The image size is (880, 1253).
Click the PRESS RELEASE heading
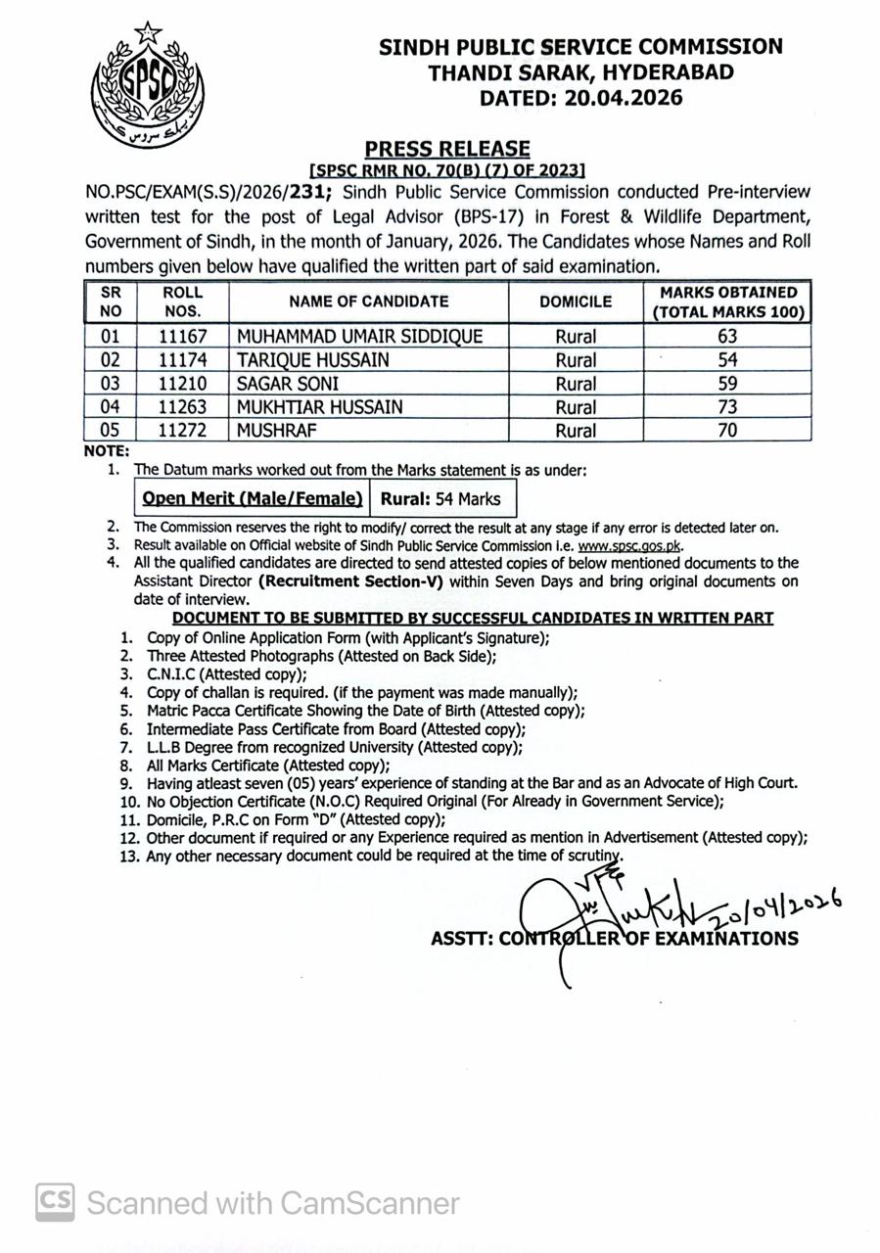pos(447,149)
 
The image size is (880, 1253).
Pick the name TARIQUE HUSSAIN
pos(312,359)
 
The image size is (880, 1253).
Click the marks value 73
pos(726,406)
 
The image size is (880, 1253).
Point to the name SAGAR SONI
pos(288,383)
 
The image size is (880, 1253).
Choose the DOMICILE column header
pos(575,302)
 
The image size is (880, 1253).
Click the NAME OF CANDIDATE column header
pos(368,302)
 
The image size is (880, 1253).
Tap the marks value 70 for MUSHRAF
pos(726,430)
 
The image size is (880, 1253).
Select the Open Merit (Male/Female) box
pos(253,498)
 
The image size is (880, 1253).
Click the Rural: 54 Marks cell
pos(440,498)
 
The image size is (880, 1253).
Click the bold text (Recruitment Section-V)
pos(350,581)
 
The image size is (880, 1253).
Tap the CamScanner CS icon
pos(56,1201)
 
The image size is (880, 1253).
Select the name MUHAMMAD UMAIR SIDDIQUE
pos(359,336)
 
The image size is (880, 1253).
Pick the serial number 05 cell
pos(110,430)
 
